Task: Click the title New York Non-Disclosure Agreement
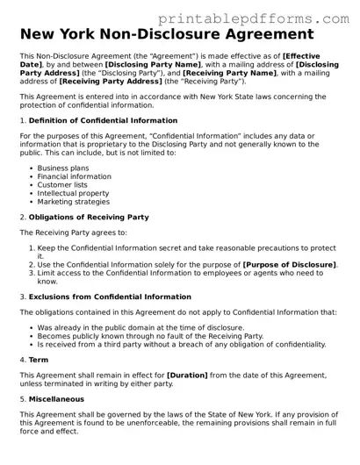point(166,34)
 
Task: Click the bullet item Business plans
point(64,168)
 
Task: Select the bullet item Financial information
point(74,176)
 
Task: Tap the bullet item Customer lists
point(66,184)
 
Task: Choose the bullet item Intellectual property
point(74,193)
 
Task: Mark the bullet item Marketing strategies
point(73,201)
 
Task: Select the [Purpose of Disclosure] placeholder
point(289,264)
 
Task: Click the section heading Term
point(39,360)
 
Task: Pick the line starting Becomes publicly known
point(149,336)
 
